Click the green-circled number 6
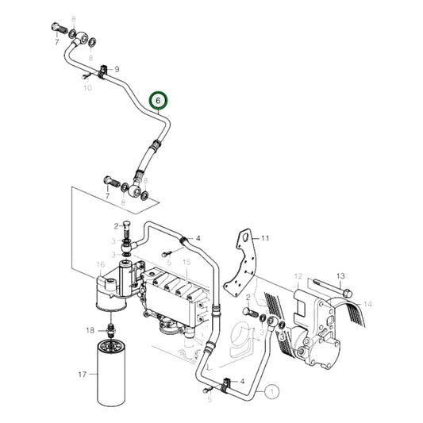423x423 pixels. (x=159, y=101)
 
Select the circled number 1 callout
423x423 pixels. (x=272, y=390)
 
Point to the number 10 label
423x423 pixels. (x=87, y=88)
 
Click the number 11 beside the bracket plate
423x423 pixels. (x=266, y=238)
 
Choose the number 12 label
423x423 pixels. (x=298, y=277)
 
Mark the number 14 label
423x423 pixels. (x=367, y=304)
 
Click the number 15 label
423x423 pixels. (x=186, y=262)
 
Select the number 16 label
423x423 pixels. (x=100, y=264)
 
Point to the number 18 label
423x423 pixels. (x=89, y=328)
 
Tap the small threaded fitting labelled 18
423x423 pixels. (x=110, y=328)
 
